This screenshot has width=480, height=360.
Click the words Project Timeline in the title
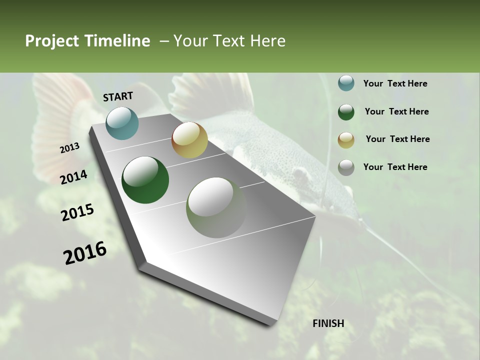[x=87, y=41]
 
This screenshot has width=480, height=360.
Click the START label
[x=118, y=96]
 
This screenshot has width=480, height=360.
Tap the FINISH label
[x=328, y=323]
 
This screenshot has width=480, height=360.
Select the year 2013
[x=70, y=148]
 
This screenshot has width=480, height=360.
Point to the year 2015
[x=77, y=212]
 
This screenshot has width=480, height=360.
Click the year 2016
[x=85, y=253]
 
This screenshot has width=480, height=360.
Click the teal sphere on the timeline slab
[x=122, y=123]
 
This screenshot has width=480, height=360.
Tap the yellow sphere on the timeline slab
[x=189, y=140]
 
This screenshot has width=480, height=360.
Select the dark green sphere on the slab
[x=145, y=180]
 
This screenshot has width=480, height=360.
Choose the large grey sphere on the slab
[x=216, y=207]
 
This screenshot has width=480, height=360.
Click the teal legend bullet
[x=346, y=83]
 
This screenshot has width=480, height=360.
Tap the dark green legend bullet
[x=346, y=112]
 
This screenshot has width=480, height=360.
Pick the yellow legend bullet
[x=346, y=140]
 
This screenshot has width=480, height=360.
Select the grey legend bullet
[x=346, y=167]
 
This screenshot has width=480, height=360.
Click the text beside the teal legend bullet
[x=395, y=83]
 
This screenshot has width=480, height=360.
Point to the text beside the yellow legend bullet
[x=397, y=139]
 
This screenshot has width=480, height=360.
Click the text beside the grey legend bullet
[x=395, y=167]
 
